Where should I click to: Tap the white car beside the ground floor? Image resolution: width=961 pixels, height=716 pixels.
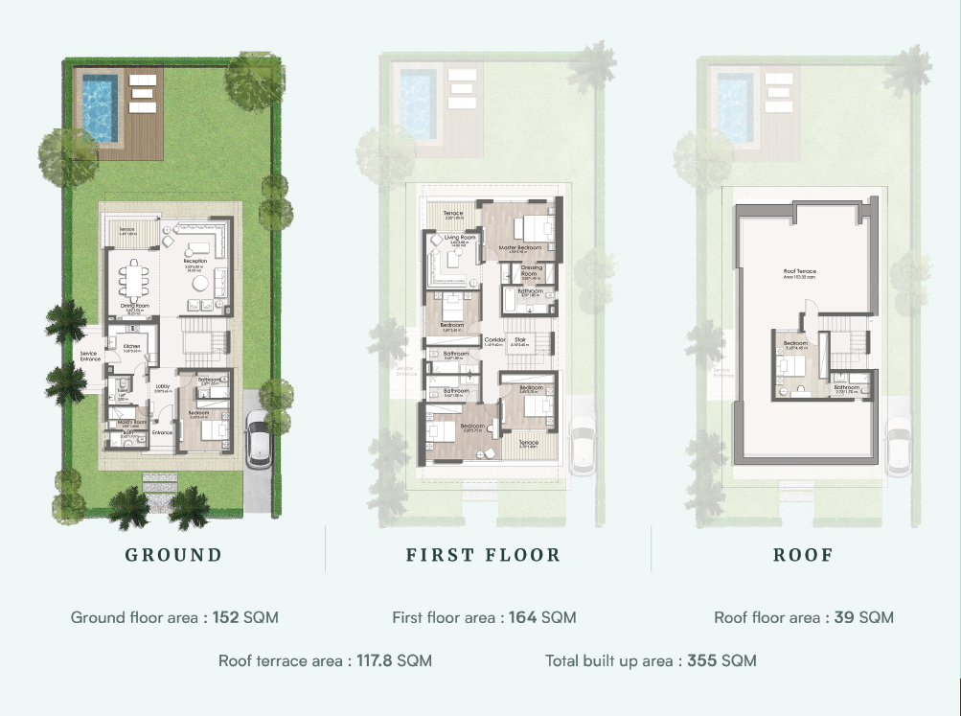(x=258, y=438)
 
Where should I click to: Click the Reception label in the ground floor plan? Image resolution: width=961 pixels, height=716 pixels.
(x=195, y=260)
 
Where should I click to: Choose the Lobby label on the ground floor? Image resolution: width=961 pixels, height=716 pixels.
(x=162, y=386)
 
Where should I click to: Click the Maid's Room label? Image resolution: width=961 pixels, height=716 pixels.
(x=131, y=423)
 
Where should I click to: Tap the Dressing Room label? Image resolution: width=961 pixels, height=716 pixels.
(x=532, y=269)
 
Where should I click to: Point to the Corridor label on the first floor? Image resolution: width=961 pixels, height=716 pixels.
(x=494, y=339)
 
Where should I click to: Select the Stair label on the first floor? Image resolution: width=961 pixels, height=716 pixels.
(x=520, y=339)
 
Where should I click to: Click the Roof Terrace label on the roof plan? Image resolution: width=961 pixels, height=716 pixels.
(x=799, y=271)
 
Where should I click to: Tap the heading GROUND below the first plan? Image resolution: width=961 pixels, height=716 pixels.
(x=174, y=555)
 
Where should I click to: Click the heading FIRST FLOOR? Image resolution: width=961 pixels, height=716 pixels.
(x=483, y=555)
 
